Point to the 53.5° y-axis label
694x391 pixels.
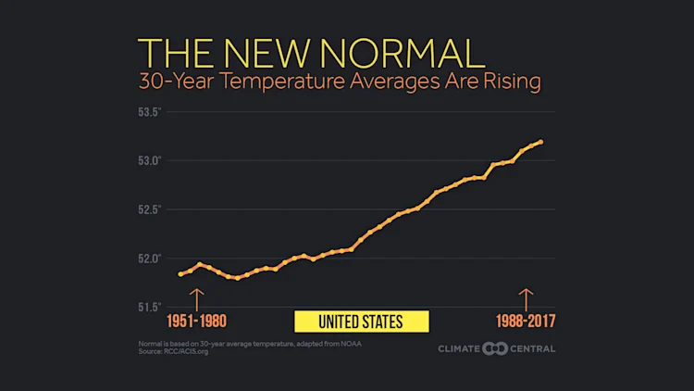(x=150, y=112)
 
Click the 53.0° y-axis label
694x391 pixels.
(x=150, y=160)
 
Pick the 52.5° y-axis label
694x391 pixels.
(x=150, y=209)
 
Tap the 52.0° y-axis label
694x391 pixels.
(x=150, y=258)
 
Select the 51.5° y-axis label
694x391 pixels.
(x=150, y=307)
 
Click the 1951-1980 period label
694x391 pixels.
(x=196, y=322)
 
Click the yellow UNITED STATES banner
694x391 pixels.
(x=361, y=322)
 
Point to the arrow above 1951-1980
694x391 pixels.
(x=196, y=298)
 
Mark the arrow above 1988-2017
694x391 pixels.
(x=527, y=298)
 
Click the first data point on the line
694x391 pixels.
(x=180, y=274)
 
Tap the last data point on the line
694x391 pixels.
(x=540, y=142)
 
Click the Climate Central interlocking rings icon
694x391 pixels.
(x=491, y=348)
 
